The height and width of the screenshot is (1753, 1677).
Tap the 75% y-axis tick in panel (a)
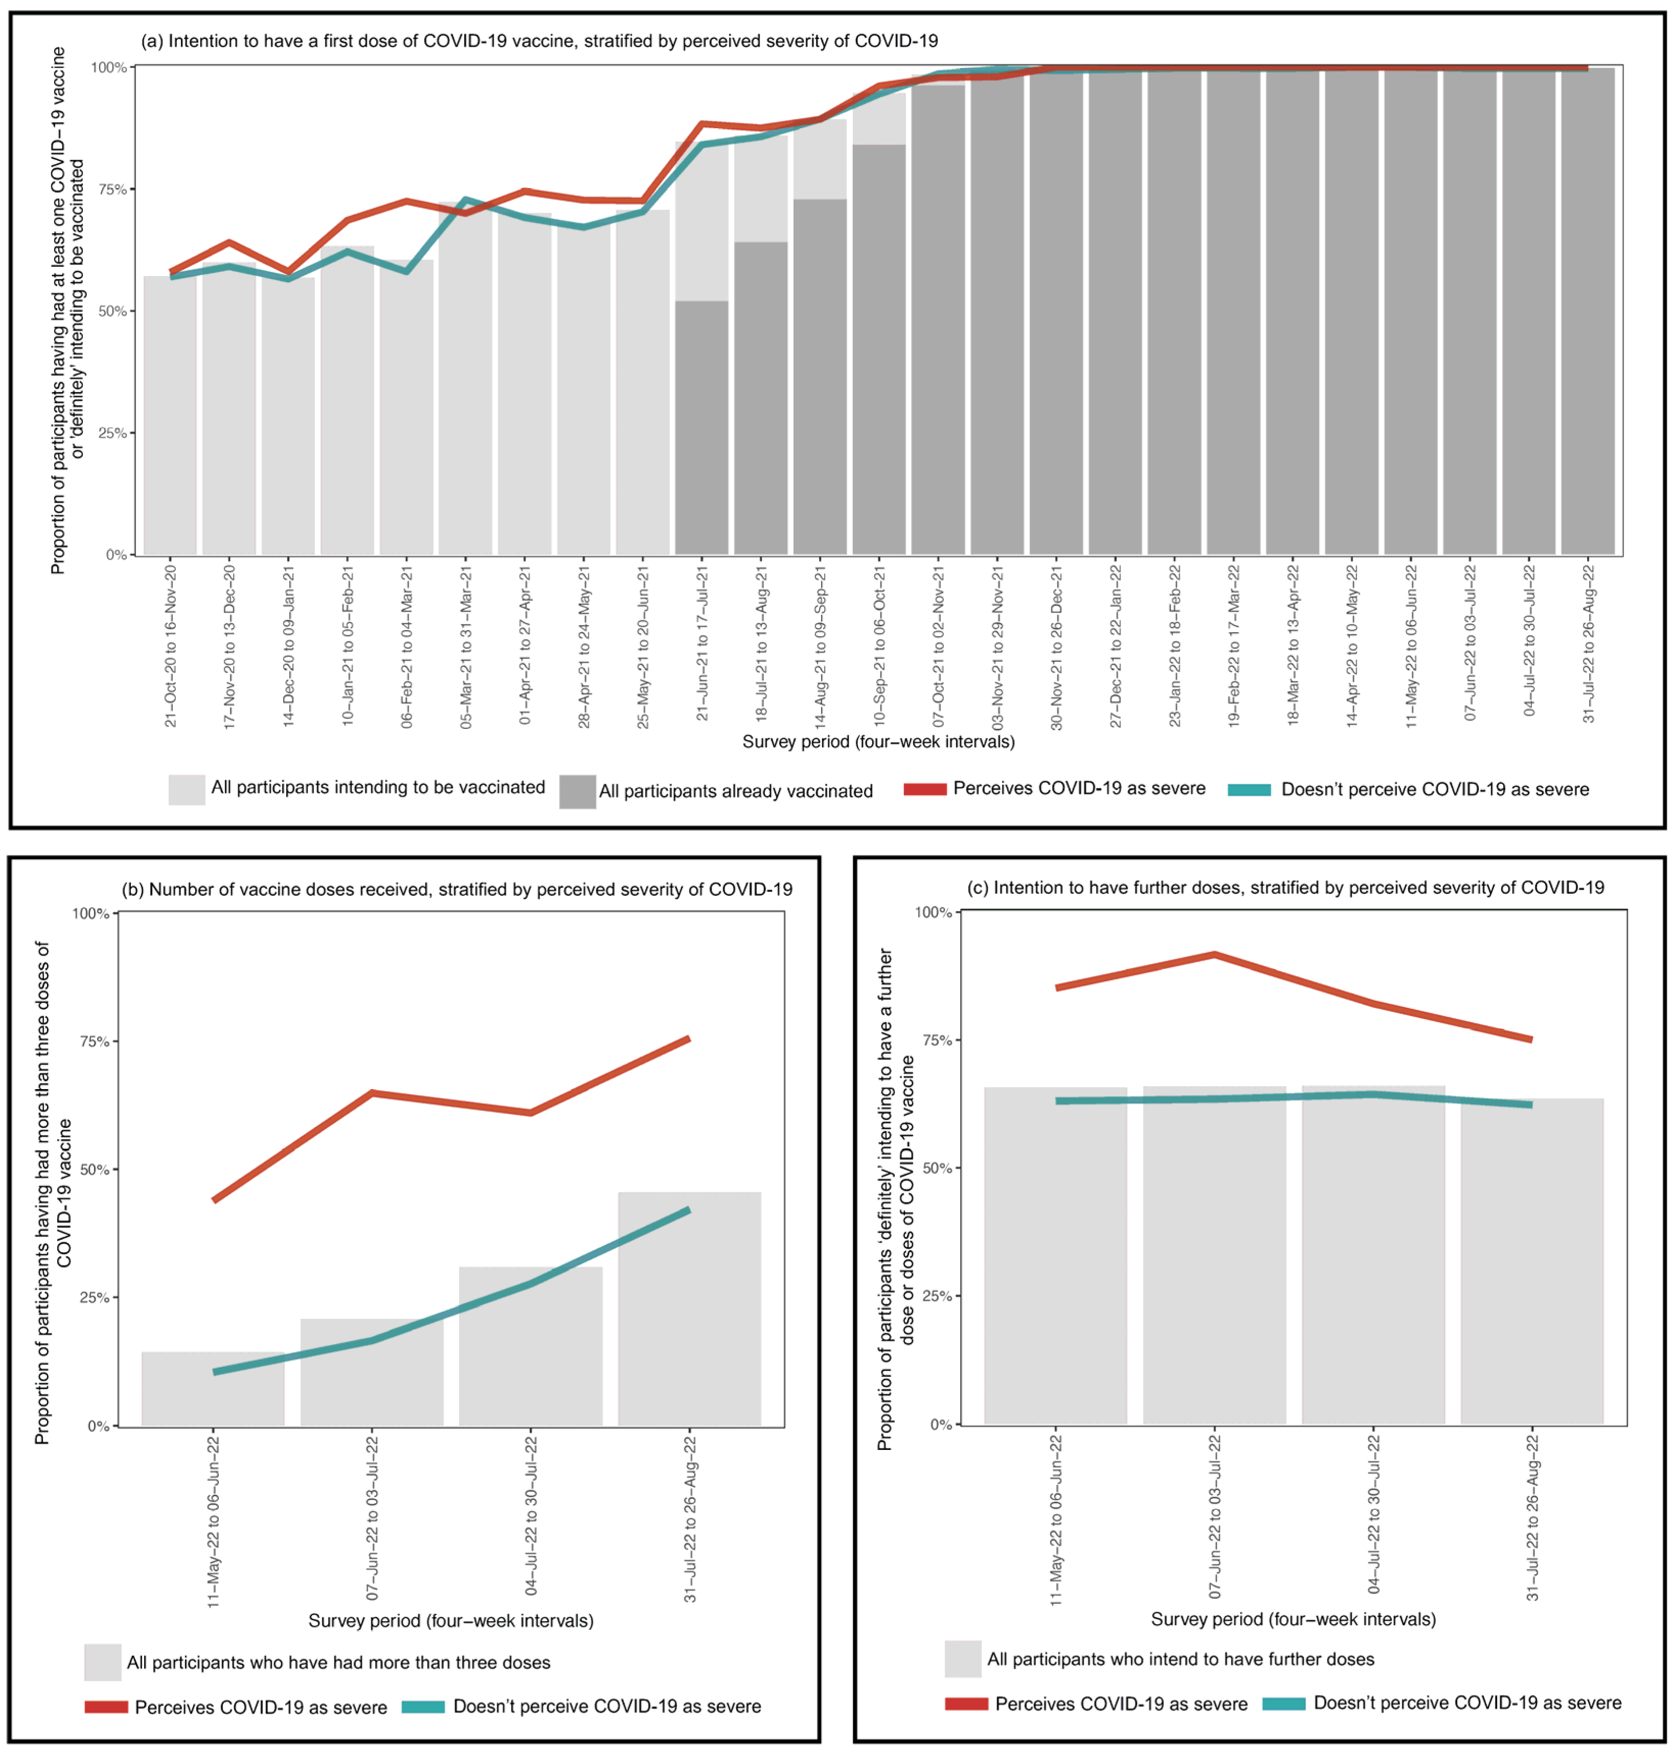(112, 190)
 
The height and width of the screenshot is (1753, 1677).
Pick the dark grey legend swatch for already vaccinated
(577, 791)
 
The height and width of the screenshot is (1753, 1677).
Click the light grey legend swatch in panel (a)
(187, 789)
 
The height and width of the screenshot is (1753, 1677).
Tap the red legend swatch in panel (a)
(924, 789)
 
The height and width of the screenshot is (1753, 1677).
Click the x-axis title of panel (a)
(878, 742)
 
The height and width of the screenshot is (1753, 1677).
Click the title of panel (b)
(457, 889)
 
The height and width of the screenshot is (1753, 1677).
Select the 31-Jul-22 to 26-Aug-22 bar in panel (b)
(689, 1309)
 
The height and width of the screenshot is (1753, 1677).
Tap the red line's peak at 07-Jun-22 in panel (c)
(1214, 955)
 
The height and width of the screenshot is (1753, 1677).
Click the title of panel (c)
(1286, 888)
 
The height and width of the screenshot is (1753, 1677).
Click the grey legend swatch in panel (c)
(963, 1659)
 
